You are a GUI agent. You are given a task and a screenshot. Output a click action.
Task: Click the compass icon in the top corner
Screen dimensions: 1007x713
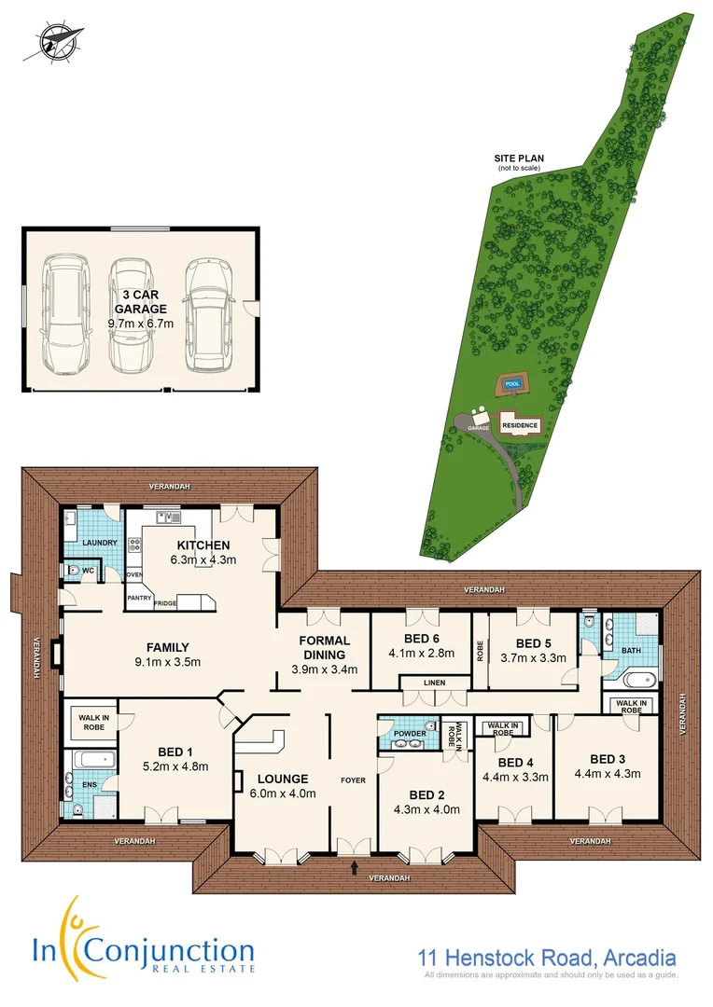coord(53,42)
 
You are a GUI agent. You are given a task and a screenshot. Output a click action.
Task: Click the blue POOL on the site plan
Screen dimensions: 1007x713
coord(510,384)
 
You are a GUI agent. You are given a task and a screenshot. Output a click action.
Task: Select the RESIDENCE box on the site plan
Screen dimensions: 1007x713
coord(520,425)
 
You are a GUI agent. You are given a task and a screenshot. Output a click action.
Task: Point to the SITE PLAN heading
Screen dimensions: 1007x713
coord(519,159)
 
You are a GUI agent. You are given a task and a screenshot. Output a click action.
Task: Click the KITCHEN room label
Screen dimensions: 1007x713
coord(203,545)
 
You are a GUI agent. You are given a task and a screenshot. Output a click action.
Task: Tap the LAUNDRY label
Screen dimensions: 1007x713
coord(98,542)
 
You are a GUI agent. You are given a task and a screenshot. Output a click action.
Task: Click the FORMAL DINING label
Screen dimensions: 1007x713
coord(324,647)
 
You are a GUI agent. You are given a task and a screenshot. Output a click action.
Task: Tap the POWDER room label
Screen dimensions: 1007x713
coord(409,734)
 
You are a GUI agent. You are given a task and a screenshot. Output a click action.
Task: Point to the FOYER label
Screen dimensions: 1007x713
coord(353,779)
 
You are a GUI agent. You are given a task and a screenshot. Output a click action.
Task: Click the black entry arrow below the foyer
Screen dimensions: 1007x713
coord(355,868)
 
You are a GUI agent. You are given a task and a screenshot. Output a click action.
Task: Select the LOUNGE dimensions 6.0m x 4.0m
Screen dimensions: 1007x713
coord(284,794)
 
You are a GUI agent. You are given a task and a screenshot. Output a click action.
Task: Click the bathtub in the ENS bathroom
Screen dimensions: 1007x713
coord(93,759)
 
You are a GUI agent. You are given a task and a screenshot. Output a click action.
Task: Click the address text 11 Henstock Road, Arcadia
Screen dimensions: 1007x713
coord(545,958)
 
